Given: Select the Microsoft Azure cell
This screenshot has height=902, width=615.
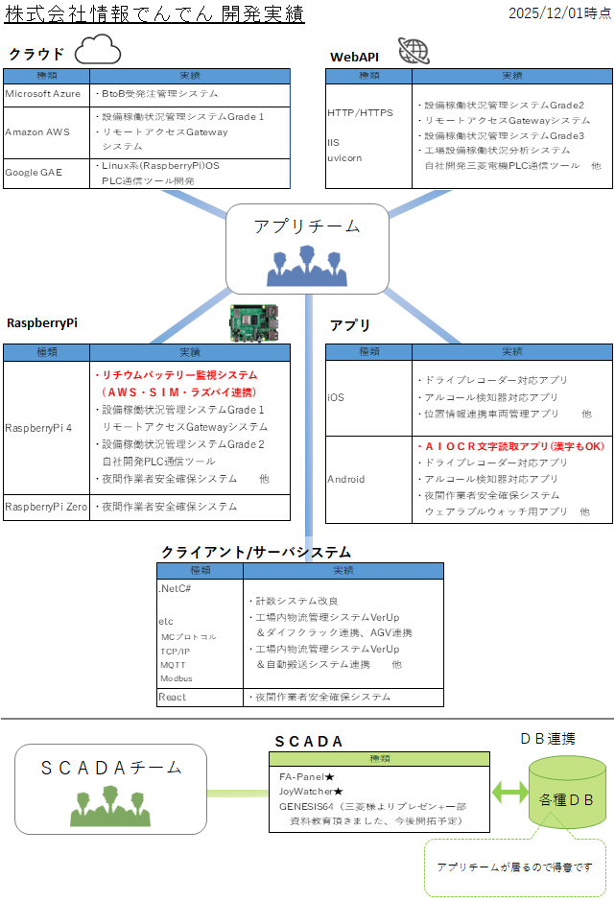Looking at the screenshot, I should (x=43, y=94).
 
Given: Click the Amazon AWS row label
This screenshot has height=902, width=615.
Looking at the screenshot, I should (x=37, y=132).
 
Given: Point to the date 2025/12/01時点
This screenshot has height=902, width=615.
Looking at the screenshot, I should (x=559, y=12).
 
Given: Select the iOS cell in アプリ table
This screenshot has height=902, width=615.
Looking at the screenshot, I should (x=336, y=397).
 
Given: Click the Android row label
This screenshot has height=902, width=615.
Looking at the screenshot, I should (x=345, y=479).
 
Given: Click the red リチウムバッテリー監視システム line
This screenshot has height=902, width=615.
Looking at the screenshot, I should (x=176, y=375).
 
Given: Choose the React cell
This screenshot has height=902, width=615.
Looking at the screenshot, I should (x=173, y=697).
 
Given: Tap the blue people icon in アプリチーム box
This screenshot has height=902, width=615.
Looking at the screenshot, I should (x=306, y=266).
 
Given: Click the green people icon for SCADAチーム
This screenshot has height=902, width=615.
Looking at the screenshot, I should (x=110, y=806).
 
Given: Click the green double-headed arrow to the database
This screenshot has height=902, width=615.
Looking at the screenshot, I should (x=509, y=793).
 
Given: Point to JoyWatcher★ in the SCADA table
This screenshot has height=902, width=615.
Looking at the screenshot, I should (x=311, y=792).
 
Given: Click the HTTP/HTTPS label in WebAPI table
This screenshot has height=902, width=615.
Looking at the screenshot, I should (x=360, y=113).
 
